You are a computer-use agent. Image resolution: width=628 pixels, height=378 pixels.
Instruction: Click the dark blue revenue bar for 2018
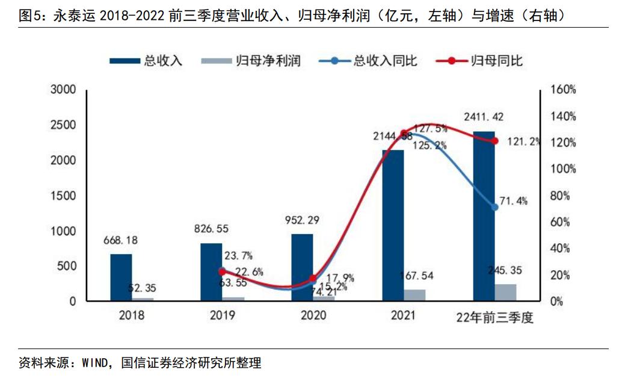pos(121,277)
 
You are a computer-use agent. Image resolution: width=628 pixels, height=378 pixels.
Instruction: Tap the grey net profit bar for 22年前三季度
pos(505,293)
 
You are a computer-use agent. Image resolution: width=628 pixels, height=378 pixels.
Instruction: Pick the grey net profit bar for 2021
pos(415,295)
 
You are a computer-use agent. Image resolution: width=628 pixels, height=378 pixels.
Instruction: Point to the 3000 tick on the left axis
pos(63,90)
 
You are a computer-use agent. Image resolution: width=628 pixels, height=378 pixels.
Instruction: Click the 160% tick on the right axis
pos(563,90)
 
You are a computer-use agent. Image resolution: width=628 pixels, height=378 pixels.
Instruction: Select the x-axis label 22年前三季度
pos(494,317)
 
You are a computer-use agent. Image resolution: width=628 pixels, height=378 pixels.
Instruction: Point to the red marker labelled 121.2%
pos(495,141)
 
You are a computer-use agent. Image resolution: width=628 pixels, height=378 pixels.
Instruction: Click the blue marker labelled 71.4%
pos(495,207)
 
